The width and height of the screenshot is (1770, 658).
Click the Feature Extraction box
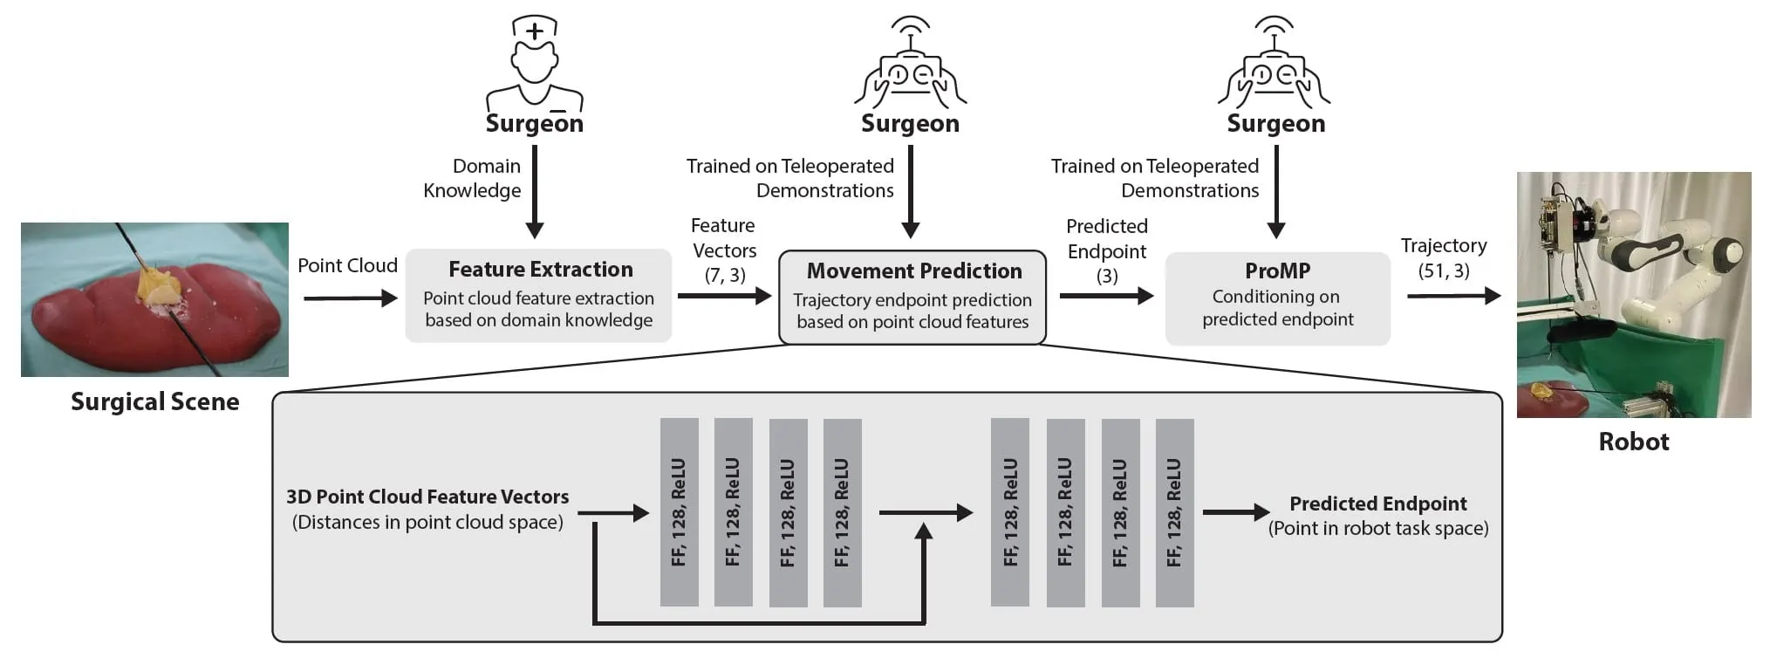tap(538, 296)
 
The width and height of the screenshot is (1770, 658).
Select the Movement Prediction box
tap(912, 298)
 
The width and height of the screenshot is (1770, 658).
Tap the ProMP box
tap(1277, 298)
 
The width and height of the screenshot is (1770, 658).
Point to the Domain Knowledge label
tap(472, 178)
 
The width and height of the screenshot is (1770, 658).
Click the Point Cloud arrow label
tap(347, 265)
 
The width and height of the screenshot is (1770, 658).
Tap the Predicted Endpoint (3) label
tap(1107, 251)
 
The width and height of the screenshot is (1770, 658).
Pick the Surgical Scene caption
tap(155, 401)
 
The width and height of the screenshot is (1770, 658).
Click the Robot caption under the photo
tap(1633, 442)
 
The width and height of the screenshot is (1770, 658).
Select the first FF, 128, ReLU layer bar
tap(679, 512)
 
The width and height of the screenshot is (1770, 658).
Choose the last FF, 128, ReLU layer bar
tap(1174, 513)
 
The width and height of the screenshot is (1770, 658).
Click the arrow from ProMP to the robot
tap(1453, 297)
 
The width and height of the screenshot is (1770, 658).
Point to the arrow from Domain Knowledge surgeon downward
tap(535, 191)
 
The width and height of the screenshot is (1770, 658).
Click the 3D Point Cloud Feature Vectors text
tap(427, 497)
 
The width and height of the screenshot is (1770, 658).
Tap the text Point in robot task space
tap(1378, 528)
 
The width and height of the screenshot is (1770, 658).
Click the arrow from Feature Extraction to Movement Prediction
tap(725, 296)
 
